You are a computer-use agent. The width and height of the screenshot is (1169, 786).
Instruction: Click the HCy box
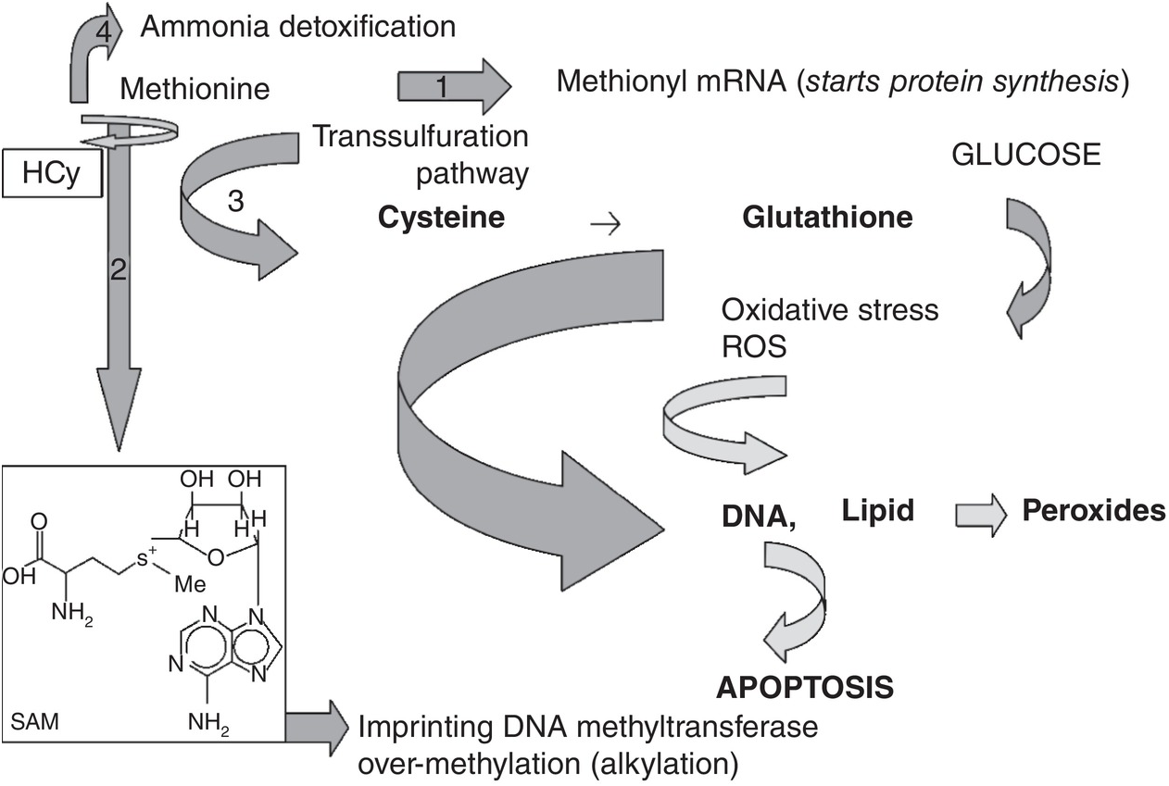pos(52,173)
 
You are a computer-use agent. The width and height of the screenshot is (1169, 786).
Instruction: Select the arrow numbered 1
pos(454,87)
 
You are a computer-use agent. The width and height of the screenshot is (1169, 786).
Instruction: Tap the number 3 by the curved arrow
pos(235,201)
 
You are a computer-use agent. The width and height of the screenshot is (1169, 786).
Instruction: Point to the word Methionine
pos(195,89)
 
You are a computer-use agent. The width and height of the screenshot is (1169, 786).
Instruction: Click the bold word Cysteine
pos(441,218)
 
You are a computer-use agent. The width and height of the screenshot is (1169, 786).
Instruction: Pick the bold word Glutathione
pos(827,217)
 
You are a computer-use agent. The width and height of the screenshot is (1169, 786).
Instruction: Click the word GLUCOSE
pos(1026,155)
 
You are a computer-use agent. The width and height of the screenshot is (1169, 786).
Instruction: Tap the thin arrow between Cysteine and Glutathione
pos(606,225)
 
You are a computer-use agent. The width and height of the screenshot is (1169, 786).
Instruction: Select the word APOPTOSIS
pos(805,688)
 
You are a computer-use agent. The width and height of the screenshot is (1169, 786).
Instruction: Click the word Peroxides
pos(1094,510)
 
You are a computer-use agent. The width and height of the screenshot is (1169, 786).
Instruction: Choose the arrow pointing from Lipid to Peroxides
pos(981,515)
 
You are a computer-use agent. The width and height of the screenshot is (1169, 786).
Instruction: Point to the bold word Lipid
pos(878,510)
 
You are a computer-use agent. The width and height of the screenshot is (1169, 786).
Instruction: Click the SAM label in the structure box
pos(34,722)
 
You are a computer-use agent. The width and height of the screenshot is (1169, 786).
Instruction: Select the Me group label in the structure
pos(190,584)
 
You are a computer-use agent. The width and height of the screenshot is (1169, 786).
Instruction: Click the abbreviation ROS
pos(754,346)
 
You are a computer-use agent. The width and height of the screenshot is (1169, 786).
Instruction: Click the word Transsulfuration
pos(421,137)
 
